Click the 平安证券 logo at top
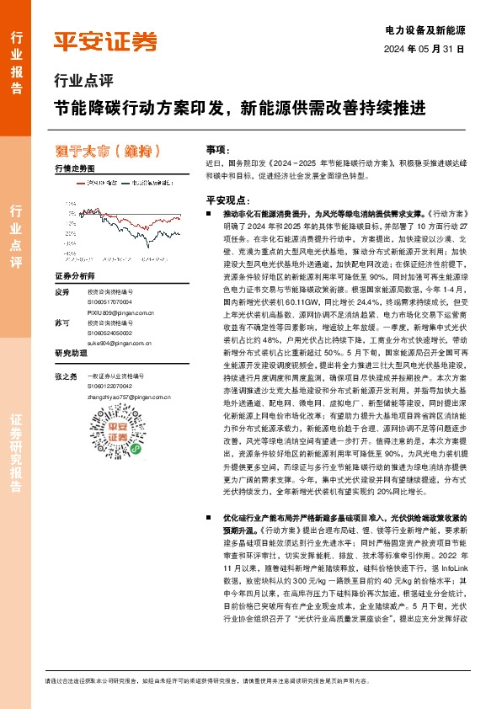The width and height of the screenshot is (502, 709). tap(105, 41)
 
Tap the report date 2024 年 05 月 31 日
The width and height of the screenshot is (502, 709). tap(430, 49)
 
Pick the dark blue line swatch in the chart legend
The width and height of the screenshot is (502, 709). tap(126, 181)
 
